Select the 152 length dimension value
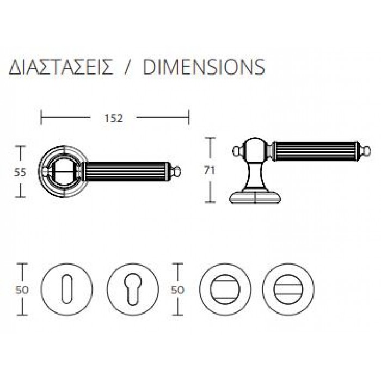click(x=114, y=118)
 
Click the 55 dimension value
click(x=20, y=173)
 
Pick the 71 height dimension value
click(x=210, y=170)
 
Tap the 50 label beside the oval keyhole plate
click(x=22, y=290)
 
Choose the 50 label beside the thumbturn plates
click(x=177, y=290)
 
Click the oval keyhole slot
click(x=67, y=289)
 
